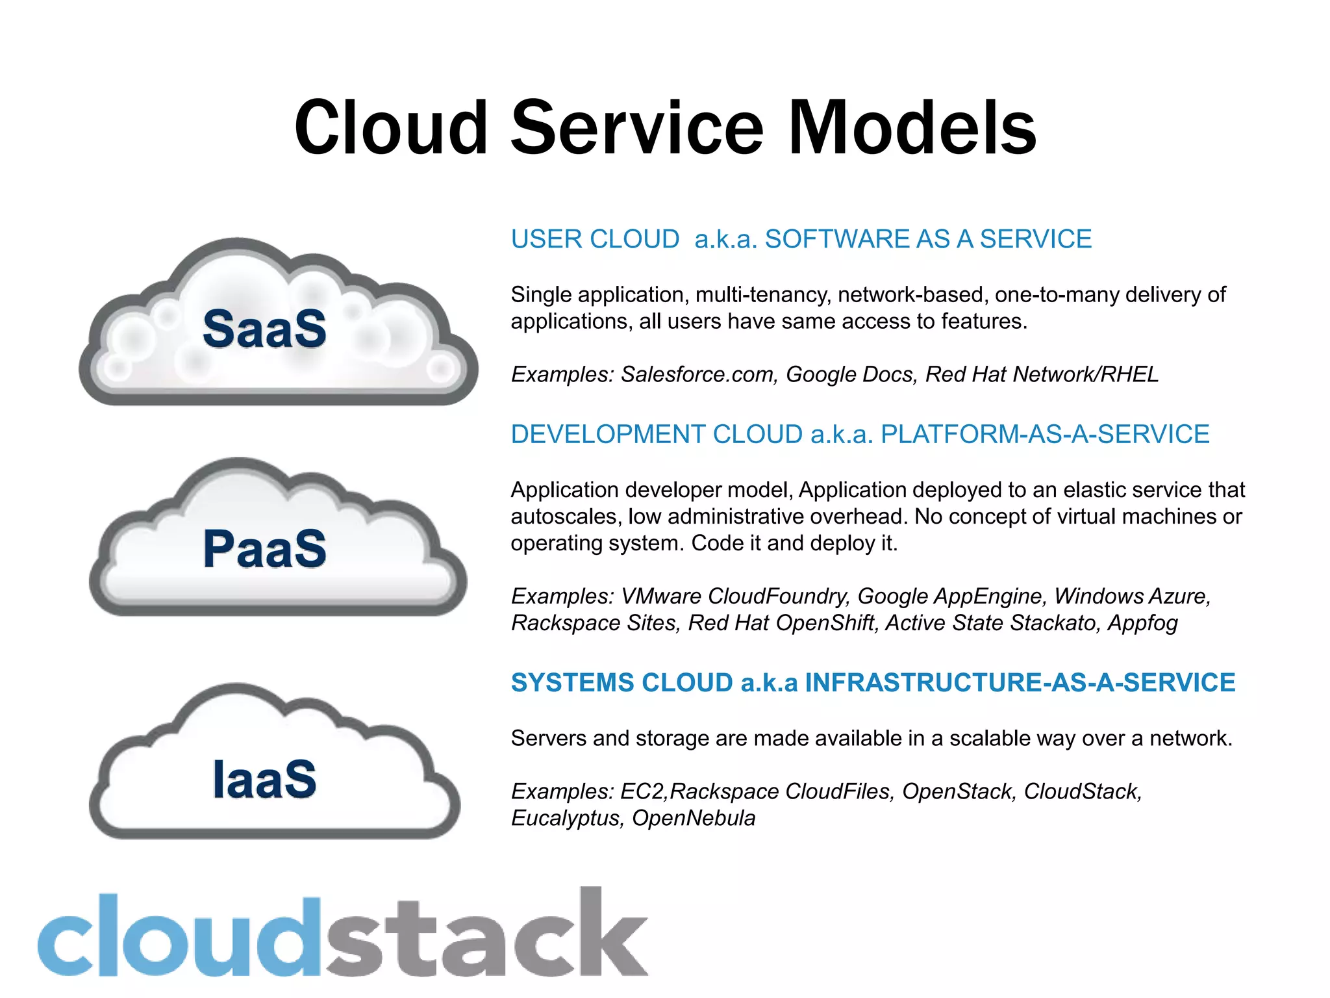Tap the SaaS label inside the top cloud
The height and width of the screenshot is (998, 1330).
pyautogui.click(x=264, y=329)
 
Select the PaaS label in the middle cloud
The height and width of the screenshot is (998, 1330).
pyautogui.click(x=264, y=549)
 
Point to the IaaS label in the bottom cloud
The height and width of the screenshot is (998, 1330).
pyautogui.click(x=264, y=779)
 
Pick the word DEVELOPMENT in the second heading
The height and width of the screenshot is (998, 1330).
pyautogui.click(x=609, y=434)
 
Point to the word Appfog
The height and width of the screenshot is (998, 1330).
pyautogui.click(x=1142, y=622)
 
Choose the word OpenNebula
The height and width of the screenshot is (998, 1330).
pyautogui.click(x=694, y=818)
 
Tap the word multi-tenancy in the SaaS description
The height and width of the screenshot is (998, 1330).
pyautogui.click(x=763, y=295)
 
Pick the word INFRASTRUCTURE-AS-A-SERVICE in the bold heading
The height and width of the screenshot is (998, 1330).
pyautogui.click(x=1020, y=683)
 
